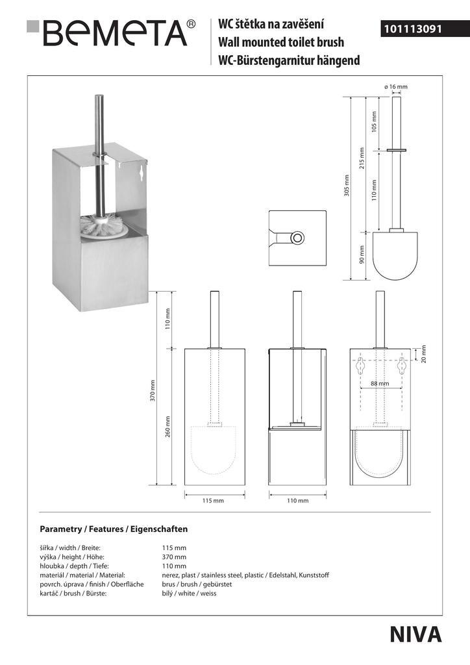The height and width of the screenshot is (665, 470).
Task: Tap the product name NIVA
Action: tap(416, 634)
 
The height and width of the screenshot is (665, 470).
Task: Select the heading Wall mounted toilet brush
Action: tap(281, 43)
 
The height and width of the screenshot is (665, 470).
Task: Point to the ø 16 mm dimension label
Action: tap(396, 87)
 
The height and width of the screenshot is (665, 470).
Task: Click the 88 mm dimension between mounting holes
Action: tap(380, 384)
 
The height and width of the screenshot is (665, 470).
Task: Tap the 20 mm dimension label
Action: tap(424, 354)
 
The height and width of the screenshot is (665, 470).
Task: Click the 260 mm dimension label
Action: tap(167, 427)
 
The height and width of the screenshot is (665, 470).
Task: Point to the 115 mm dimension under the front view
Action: tap(213, 501)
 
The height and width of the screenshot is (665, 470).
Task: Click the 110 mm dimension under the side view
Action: tap(297, 501)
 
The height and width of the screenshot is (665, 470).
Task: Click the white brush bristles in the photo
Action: tap(103, 227)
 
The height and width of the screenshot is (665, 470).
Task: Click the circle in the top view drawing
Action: tap(297, 238)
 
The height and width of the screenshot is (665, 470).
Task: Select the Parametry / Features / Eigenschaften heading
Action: tap(114, 529)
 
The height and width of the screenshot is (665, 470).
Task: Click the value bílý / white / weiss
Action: tap(189, 594)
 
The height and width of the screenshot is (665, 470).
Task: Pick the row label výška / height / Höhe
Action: tap(72, 557)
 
